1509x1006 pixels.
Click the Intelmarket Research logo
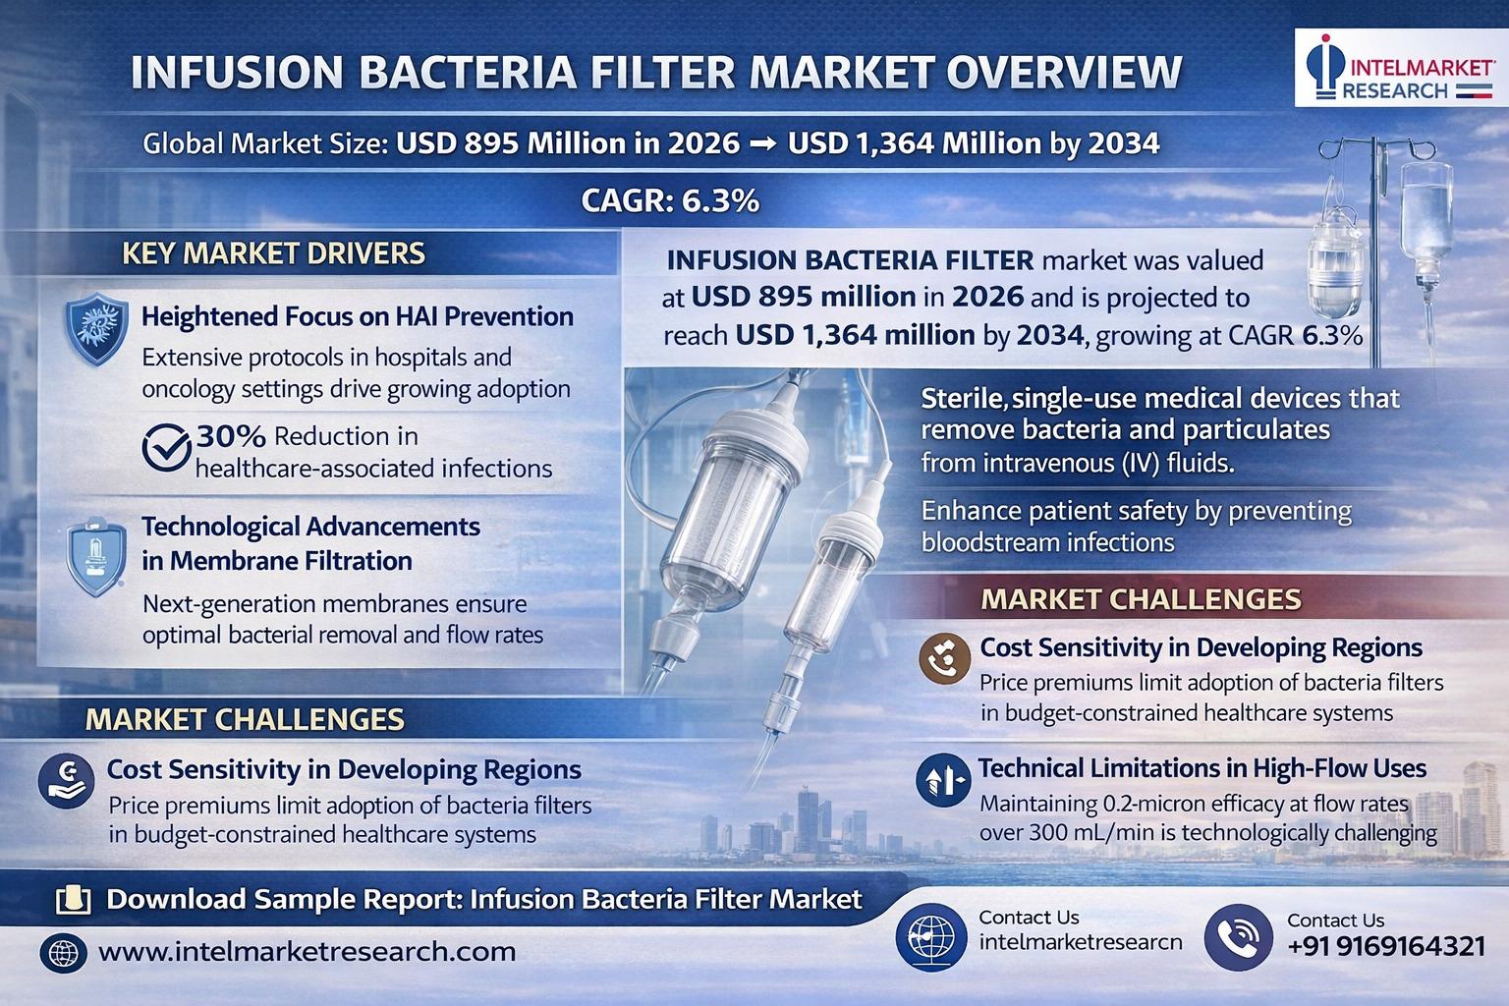point(1401,68)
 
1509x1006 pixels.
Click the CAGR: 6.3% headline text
point(670,200)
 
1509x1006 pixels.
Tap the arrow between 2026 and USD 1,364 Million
point(764,144)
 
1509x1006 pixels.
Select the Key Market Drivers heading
point(273,253)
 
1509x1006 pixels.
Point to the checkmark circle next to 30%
point(166,447)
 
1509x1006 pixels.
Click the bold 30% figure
point(231,436)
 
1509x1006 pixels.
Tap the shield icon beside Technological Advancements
point(96,557)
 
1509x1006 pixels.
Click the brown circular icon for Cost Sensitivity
point(944,659)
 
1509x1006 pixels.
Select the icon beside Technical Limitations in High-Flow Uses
point(944,780)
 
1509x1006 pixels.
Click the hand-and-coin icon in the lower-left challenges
point(66,781)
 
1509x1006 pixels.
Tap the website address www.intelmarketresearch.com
point(307,951)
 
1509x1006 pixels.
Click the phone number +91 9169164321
point(1386,947)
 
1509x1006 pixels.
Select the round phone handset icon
point(1238,937)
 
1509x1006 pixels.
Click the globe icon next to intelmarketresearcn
point(931,937)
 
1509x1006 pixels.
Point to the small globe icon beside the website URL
point(63,953)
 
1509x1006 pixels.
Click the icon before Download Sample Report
point(74,900)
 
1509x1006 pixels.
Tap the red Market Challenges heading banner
point(1142,599)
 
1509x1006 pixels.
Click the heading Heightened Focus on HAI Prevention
point(358,316)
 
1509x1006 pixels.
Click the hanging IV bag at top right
point(1426,222)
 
